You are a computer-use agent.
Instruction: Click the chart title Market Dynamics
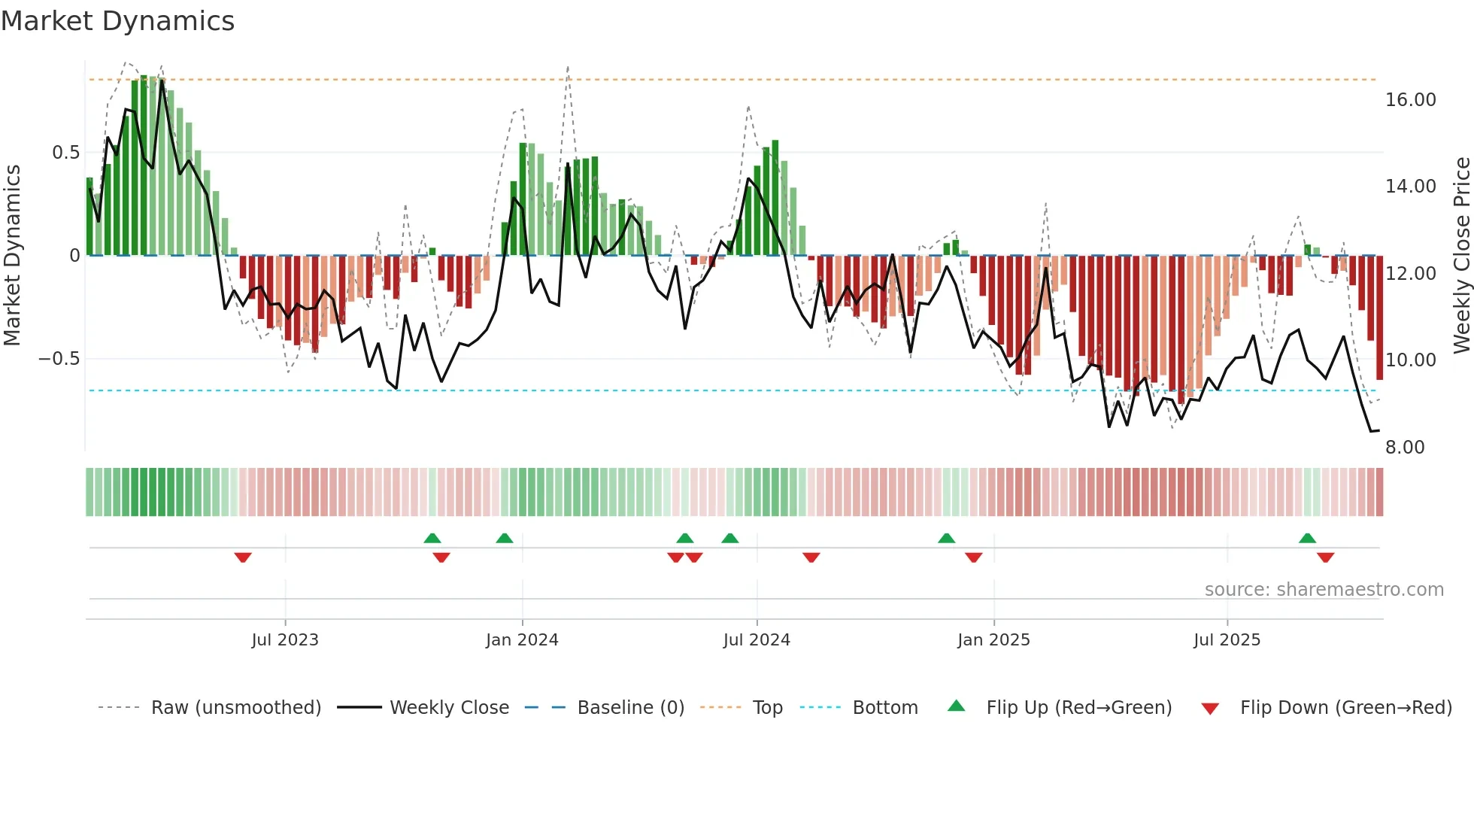pos(117,21)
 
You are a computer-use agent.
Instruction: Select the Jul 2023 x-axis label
pos(285,640)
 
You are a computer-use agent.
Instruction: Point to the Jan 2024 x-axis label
pos(522,640)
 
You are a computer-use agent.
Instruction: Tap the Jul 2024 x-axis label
pos(757,640)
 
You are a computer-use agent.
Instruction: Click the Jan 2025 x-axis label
pos(993,640)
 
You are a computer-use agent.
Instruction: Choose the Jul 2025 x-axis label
pos(1227,640)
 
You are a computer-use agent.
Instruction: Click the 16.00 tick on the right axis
pos(1410,100)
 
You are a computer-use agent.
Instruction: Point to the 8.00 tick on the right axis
pos(1405,448)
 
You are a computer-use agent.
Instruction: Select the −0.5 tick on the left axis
pos(59,359)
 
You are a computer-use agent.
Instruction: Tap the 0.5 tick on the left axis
pos(65,153)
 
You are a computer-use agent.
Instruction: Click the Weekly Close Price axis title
pos(1461,255)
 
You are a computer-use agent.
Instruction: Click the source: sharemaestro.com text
pos(1324,590)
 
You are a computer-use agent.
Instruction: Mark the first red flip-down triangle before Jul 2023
pos(243,557)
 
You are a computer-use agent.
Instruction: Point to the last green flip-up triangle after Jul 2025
pos(1307,538)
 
